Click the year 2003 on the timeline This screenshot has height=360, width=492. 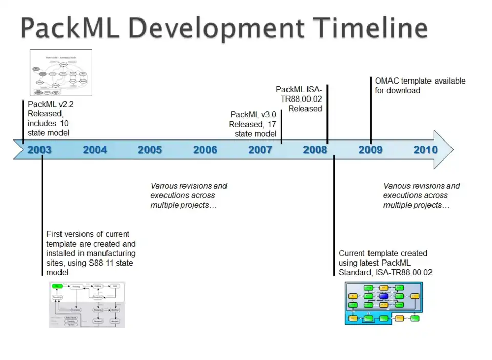[39, 150]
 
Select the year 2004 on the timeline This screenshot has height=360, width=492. [95, 150]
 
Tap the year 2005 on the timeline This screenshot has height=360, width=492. [150, 150]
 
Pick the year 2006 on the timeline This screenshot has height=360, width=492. [205, 150]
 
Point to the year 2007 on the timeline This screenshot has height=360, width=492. [260, 150]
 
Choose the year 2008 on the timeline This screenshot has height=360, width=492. [315, 150]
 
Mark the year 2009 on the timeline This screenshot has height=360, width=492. [370, 150]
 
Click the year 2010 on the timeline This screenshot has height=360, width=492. [425, 150]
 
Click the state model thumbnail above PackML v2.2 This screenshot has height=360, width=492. [61, 73]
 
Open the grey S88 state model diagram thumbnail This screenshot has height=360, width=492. [87, 305]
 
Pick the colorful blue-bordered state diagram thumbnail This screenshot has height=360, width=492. [384, 303]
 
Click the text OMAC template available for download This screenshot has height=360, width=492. [420, 86]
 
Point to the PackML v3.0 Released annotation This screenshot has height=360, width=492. [253, 124]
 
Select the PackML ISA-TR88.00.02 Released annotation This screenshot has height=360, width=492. [299, 99]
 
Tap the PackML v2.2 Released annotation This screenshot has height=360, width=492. [50, 118]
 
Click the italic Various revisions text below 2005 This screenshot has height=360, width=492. [188, 195]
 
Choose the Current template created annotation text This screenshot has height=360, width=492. [385, 263]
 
